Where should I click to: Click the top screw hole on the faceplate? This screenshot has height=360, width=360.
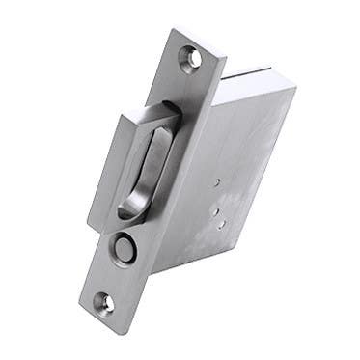(x=196, y=57)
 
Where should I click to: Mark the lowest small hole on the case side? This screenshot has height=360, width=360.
(x=222, y=224)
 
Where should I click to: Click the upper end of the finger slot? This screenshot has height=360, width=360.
(x=160, y=126)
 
